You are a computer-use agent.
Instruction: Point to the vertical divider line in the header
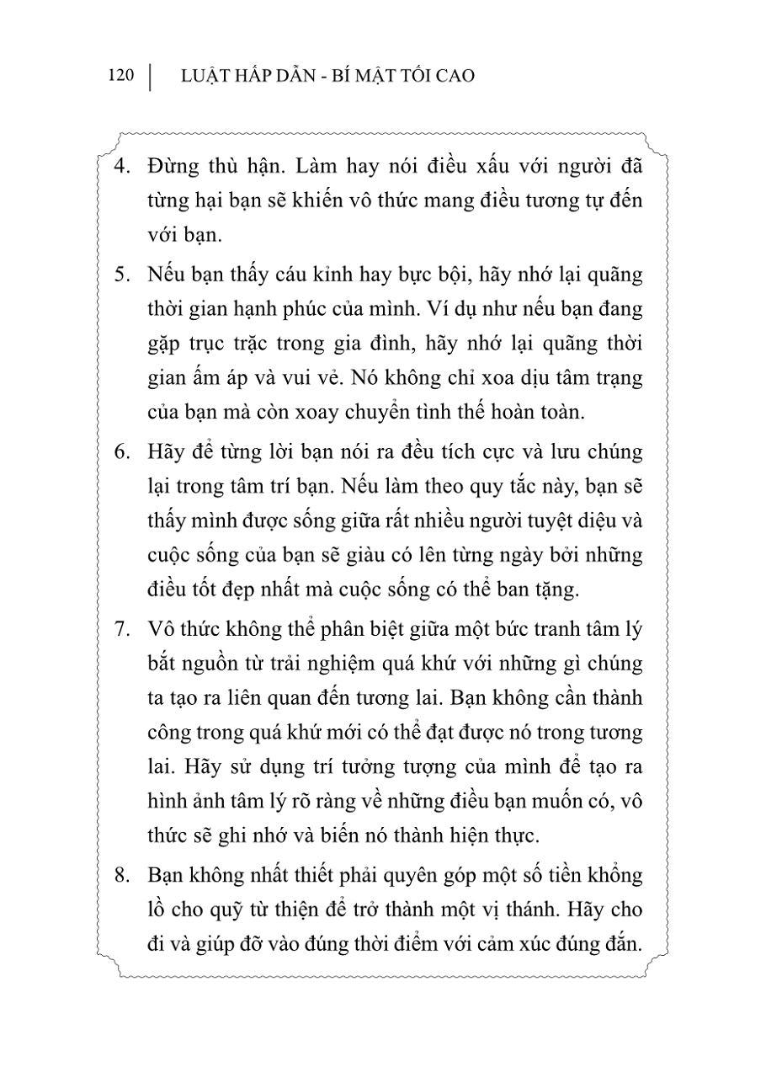point(150,76)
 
